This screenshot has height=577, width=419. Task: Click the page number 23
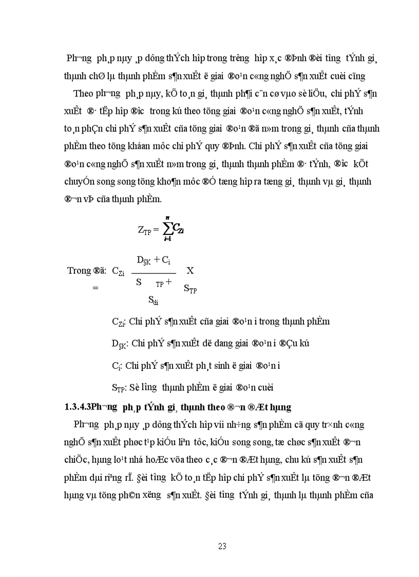(222, 546)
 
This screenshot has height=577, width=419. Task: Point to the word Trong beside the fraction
(79, 271)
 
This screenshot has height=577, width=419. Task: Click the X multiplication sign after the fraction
(190, 270)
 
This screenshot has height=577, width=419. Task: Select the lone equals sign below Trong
(95, 289)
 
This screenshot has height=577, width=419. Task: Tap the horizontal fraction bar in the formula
(154, 273)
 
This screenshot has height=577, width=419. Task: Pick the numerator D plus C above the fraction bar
(154, 260)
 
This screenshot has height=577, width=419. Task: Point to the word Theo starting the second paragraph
(84, 94)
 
